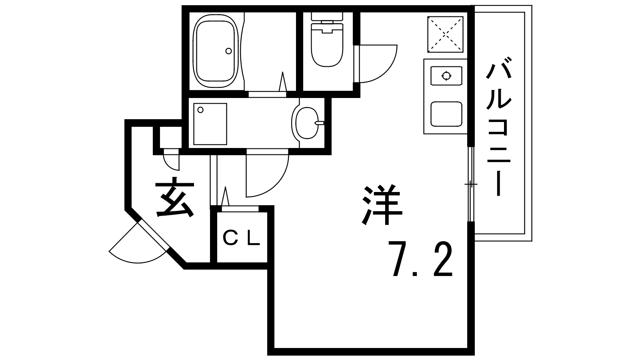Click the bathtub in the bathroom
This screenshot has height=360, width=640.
[216, 51]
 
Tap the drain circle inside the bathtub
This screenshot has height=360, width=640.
[228, 51]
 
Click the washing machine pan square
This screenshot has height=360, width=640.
[210, 124]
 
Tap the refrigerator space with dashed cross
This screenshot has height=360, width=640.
[445, 34]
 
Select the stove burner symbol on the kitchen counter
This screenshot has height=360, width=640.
[446, 76]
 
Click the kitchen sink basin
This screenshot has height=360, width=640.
[446, 114]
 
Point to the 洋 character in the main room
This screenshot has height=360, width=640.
[382, 204]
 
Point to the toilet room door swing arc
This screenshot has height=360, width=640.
[378, 64]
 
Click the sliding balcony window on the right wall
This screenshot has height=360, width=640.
[471, 184]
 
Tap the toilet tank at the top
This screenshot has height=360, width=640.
[327, 16]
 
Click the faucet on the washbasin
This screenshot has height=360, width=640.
[320, 123]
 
